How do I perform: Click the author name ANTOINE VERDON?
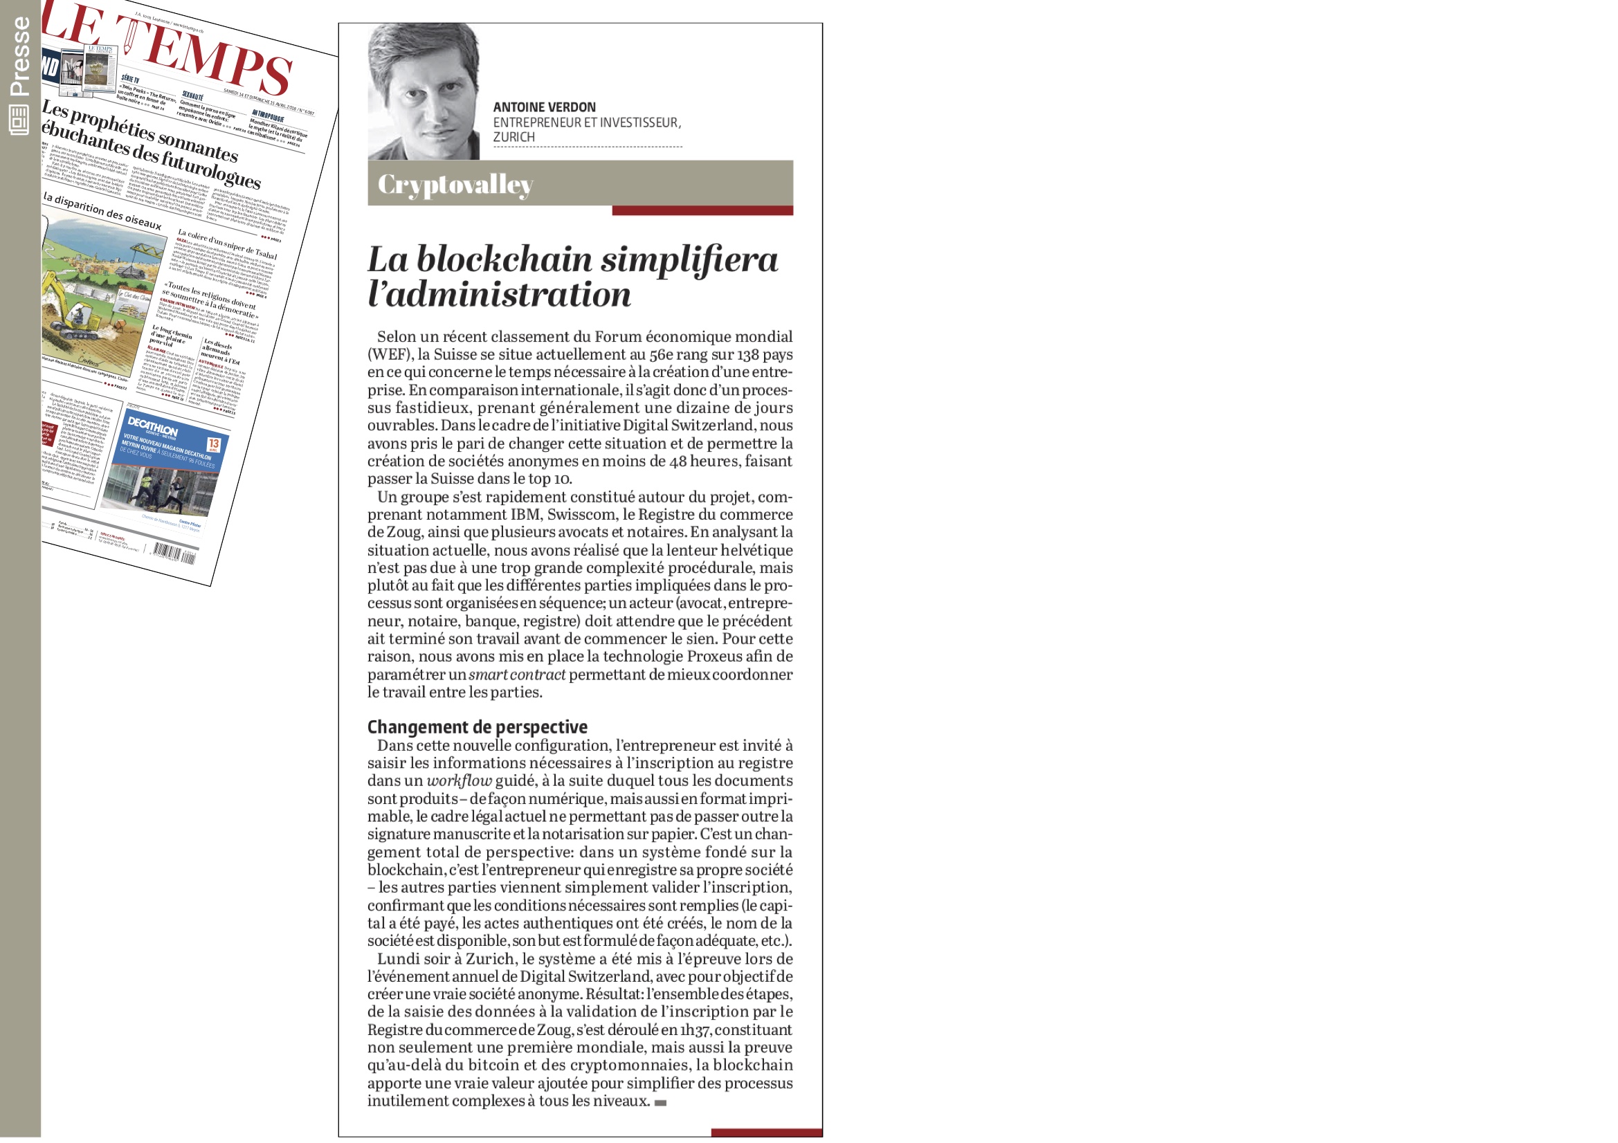pos(544,107)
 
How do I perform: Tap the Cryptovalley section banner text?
pos(455,184)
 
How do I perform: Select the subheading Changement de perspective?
pos(477,726)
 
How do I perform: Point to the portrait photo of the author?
pos(424,91)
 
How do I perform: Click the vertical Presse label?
pos(20,56)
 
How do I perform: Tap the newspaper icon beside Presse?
pos(19,120)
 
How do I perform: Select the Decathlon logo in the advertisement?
pos(152,426)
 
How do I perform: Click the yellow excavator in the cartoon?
pos(71,310)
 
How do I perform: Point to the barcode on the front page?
pos(173,554)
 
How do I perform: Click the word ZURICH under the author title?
pos(513,137)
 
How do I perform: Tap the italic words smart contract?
pos(516,675)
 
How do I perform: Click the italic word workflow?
pos(459,780)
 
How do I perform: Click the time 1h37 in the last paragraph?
pos(694,1030)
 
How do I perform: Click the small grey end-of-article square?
pos(660,1103)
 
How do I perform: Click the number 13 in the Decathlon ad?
pos(214,444)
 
